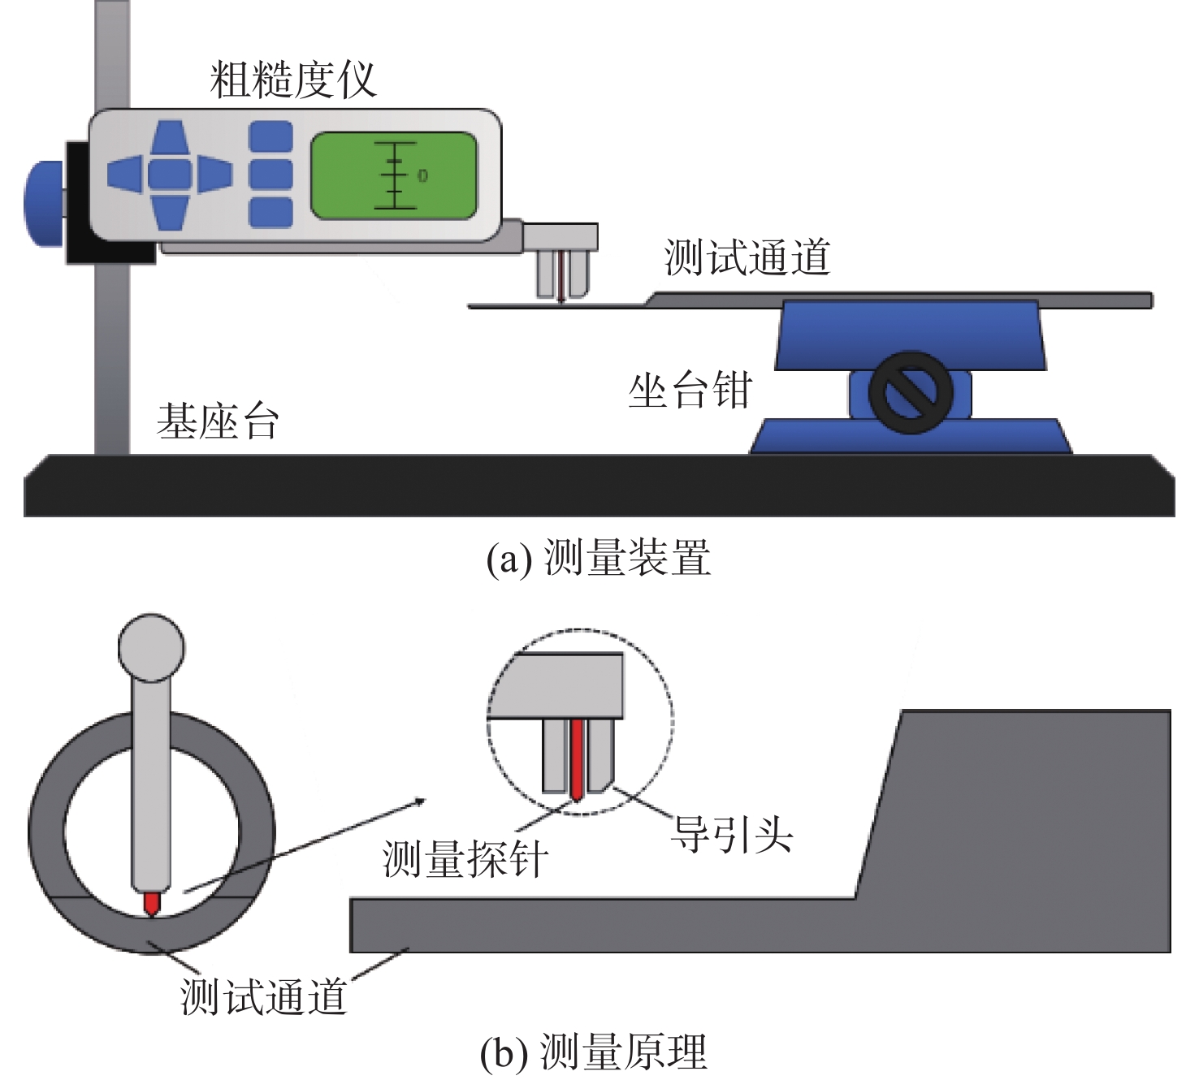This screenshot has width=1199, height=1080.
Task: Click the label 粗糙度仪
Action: coord(293,81)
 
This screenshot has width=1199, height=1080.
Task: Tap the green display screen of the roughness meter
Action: coord(393,176)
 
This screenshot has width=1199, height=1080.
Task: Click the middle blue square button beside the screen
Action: coord(271,174)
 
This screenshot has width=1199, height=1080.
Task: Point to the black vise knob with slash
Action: coord(911,392)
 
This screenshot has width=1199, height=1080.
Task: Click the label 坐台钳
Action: coord(690,391)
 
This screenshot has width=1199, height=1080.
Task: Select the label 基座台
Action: coord(218,422)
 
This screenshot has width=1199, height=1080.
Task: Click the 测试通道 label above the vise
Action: coord(747,257)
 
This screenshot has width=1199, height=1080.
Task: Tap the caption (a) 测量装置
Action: coord(598,559)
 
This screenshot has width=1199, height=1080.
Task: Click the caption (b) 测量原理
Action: coord(594,1052)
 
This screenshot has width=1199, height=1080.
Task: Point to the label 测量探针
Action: coord(465,858)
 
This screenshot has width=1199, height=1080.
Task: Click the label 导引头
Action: coord(730,834)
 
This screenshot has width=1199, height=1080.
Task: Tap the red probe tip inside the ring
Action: coord(151,905)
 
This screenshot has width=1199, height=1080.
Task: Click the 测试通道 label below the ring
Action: coord(263,996)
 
